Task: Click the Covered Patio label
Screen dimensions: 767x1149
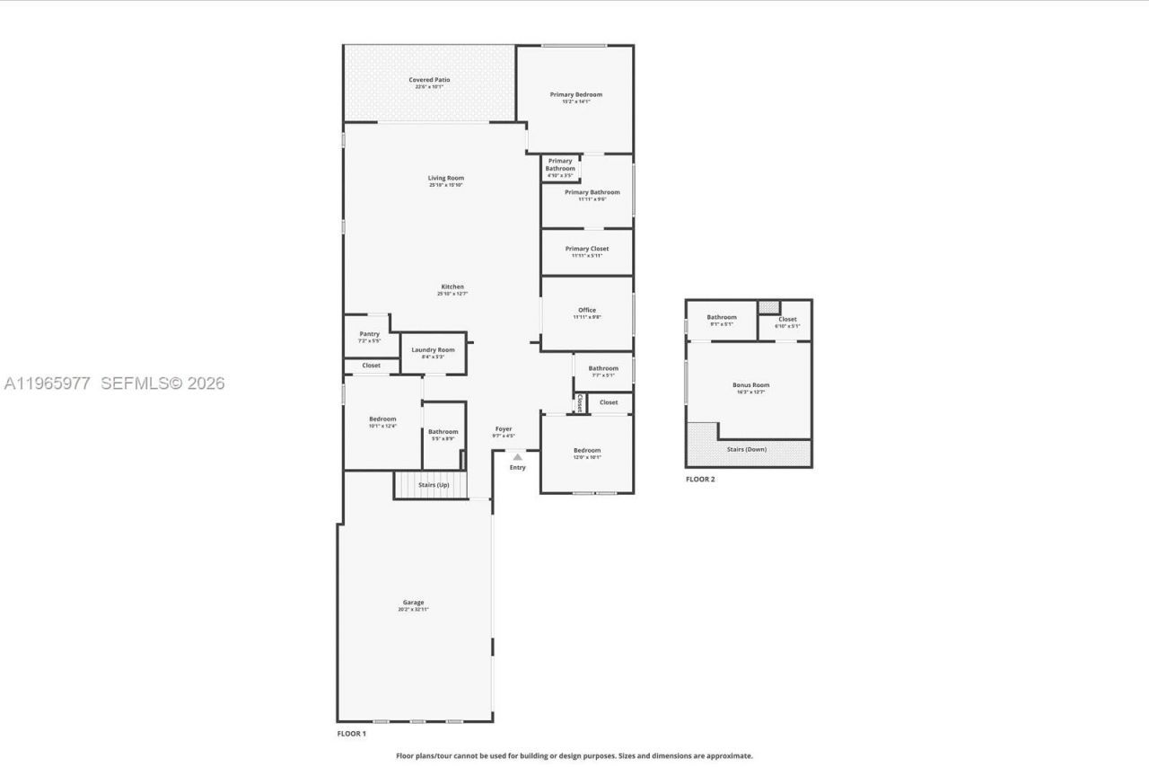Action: tap(429, 81)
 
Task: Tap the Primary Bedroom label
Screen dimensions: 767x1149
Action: tap(575, 95)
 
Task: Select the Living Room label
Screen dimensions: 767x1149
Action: tap(445, 179)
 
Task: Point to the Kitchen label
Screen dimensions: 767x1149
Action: tap(452, 287)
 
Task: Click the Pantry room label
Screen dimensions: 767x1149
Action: tap(369, 335)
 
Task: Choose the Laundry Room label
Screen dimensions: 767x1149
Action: tap(433, 350)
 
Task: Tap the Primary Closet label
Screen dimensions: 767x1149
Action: tap(586, 250)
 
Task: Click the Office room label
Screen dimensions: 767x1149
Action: tap(586, 311)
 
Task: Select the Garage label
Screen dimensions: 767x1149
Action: tap(413, 604)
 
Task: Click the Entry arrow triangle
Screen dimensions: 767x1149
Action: tap(517, 457)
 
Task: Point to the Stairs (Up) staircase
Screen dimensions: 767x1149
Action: tap(432, 485)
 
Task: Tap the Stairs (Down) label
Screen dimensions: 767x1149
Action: tap(746, 449)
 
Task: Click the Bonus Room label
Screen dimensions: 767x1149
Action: tap(750, 386)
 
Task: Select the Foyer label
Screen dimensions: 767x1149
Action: tap(504, 430)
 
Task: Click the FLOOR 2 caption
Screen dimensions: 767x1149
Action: tap(700, 480)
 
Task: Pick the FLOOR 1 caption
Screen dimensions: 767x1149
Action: tap(351, 734)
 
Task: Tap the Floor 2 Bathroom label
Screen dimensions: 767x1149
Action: tap(721, 318)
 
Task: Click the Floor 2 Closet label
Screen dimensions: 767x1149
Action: tap(787, 320)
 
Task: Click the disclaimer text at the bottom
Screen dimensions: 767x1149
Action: tap(574, 756)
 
